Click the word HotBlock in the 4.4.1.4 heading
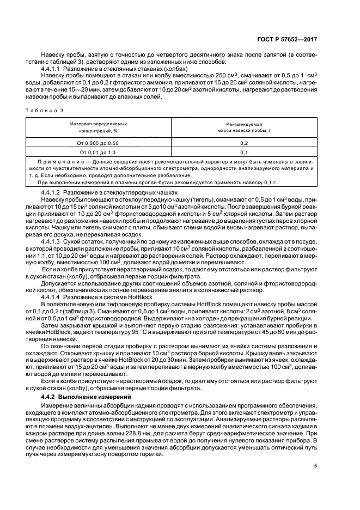124,297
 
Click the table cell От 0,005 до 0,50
99,142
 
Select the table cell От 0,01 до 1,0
99,152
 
